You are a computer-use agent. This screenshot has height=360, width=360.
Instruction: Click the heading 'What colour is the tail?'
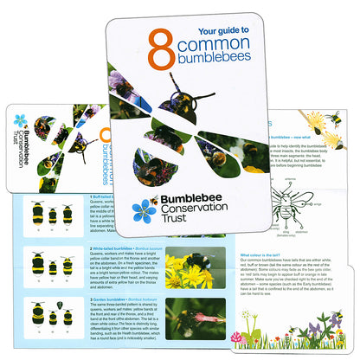263,255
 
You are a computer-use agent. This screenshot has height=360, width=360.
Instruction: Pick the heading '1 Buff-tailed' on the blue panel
107,196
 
